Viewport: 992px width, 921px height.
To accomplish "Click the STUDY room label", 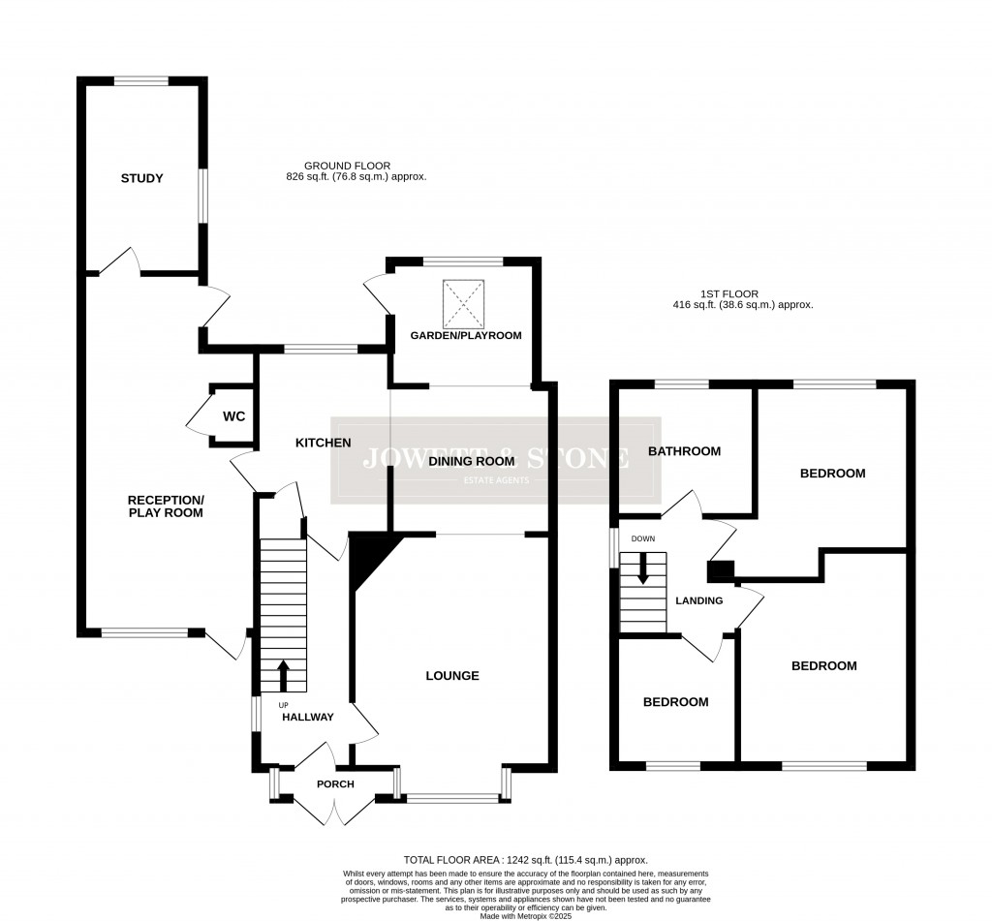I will [x=141, y=178].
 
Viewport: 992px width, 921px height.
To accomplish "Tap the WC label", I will [x=234, y=416].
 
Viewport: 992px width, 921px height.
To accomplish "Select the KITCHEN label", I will [x=323, y=443].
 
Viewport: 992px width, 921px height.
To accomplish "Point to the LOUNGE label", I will [x=452, y=676].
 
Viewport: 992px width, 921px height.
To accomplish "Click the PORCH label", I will [x=335, y=784].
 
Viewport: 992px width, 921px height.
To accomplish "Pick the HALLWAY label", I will [x=308, y=718].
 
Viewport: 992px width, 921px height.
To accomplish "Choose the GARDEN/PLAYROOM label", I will [x=466, y=336].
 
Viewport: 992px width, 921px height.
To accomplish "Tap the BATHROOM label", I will [x=685, y=451].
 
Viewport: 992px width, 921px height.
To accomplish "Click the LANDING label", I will [x=699, y=600].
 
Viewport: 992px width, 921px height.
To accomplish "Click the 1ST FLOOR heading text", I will [x=743, y=298].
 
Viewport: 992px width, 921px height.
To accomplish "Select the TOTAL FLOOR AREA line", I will [x=525, y=860].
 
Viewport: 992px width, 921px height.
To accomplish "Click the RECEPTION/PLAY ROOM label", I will [x=166, y=506].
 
